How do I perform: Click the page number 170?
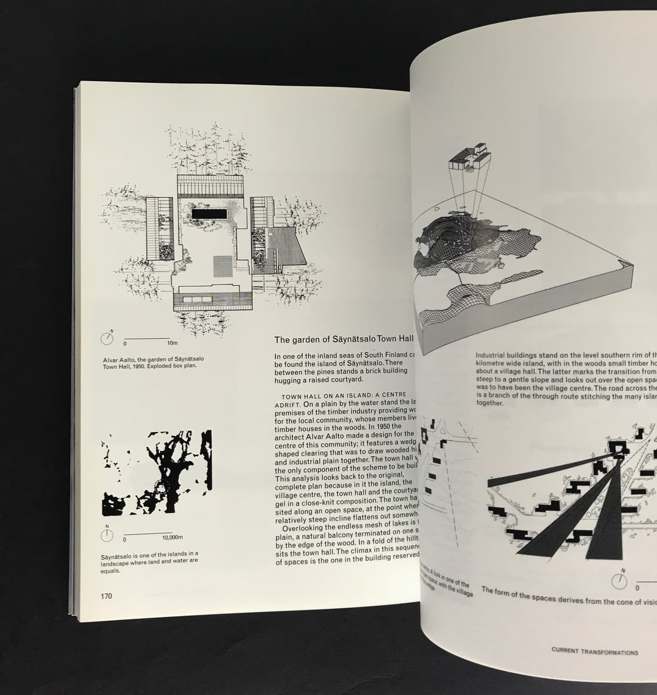[106, 596]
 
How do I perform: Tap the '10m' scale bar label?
[172, 344]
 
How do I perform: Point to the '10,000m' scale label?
[172, 538]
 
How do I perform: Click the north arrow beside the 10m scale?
[109, 338]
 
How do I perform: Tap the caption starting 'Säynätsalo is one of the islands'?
[150, 562]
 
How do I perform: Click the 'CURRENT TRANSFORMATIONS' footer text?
[594, 652]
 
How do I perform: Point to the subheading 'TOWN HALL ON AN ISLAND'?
[326, 395]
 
